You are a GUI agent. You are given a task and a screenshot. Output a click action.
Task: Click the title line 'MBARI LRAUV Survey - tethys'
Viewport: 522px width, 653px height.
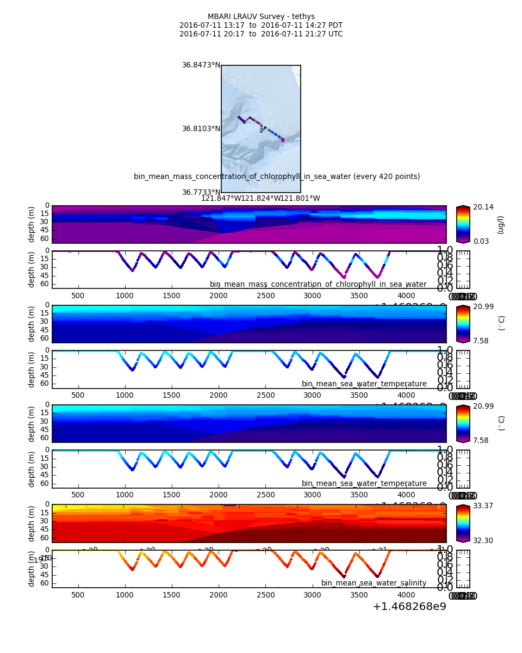coord(261,17)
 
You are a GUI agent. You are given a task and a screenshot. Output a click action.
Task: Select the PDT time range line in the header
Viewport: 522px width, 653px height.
coord(261,26)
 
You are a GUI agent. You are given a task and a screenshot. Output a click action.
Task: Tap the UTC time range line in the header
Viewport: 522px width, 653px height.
coord(261,34)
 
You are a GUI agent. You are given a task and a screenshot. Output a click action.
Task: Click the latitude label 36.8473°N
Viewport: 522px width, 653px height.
coord(201,65)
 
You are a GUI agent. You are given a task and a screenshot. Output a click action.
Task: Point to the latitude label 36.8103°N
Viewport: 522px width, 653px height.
coord(201,129)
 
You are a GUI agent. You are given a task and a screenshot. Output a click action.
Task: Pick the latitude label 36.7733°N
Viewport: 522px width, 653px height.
coord(201,193)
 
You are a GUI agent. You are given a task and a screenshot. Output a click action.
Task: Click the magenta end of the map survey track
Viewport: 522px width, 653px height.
coord(283,140)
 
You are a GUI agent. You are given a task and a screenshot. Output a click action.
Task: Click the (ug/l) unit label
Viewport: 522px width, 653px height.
coord(501,224)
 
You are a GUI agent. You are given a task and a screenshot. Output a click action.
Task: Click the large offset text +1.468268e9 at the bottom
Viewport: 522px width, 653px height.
coord(409,607)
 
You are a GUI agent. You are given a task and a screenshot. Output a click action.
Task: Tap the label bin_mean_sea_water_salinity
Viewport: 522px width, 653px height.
coord(374,583)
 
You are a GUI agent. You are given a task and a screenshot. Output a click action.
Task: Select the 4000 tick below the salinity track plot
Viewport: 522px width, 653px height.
coord(406,595)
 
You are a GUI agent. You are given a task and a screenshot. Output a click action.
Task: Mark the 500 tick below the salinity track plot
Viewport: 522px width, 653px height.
coord(78,595)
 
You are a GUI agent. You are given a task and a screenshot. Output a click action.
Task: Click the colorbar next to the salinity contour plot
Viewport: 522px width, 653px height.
coord(463,523)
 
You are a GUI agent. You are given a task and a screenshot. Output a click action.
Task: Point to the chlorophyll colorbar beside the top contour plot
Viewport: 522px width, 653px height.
coord(463,224)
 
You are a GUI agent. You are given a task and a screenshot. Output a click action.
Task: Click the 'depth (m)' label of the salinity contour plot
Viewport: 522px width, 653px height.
coord(32,523)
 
